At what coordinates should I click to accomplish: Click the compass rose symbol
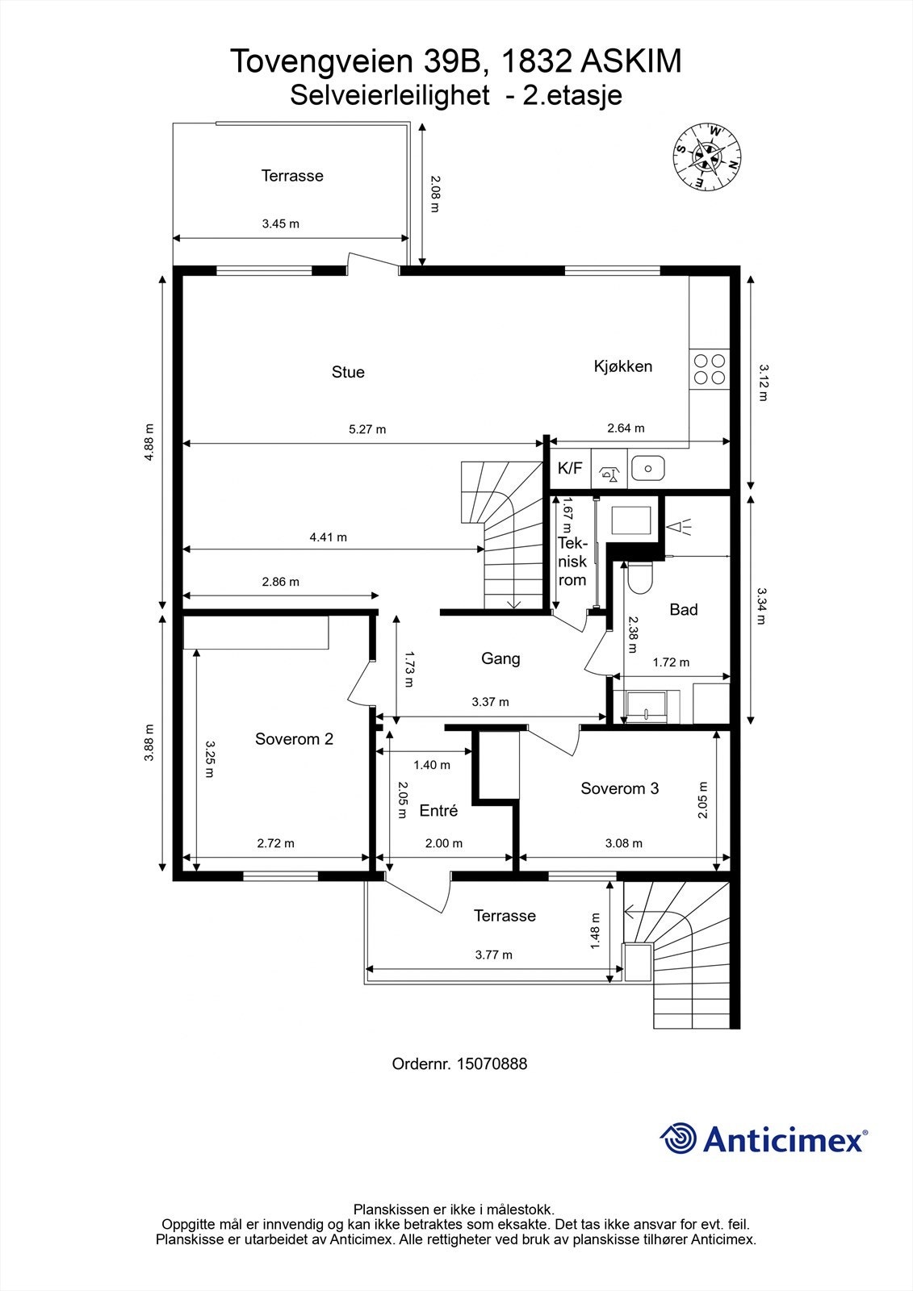click(708, 157)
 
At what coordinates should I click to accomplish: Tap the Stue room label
click(348, 372)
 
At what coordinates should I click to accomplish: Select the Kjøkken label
click(622, 366)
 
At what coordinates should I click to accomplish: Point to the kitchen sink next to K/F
click(647, 467)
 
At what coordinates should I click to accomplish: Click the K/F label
click(570, 468)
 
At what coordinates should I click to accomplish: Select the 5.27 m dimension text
click(367, 429)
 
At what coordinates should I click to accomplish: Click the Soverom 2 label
click(294, 739)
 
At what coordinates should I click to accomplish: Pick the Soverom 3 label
click(619, 788)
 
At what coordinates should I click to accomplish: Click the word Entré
click(438, 811)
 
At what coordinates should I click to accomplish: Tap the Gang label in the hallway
click(500, 658)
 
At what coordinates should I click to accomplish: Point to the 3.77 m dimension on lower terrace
click(493, 955)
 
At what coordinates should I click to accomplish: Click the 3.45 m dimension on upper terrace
click(280, 224)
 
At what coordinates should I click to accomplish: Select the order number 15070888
click(492, 1064)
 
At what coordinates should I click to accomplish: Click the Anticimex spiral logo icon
click(678, 1139)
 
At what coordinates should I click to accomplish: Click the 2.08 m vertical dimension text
click(434, 194)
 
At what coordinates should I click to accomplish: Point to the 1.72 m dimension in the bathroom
click(670, 662)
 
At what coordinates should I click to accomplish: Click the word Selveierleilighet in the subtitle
click(389, 96)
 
